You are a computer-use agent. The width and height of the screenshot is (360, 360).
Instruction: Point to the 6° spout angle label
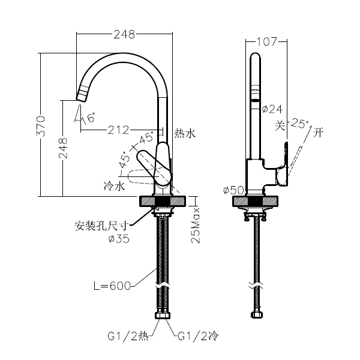[x=91, y=118]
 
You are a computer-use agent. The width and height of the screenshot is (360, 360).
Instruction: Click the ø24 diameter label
[x=272, y=109]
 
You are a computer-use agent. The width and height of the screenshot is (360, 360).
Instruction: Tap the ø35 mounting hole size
[x=119, y=238]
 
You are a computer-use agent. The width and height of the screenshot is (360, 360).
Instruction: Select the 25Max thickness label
[x=195, y=227]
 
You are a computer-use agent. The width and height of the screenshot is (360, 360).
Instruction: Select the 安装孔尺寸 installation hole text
[x=102, y=226]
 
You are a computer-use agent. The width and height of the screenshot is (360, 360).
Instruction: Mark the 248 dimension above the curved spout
[x=124, y=34]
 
